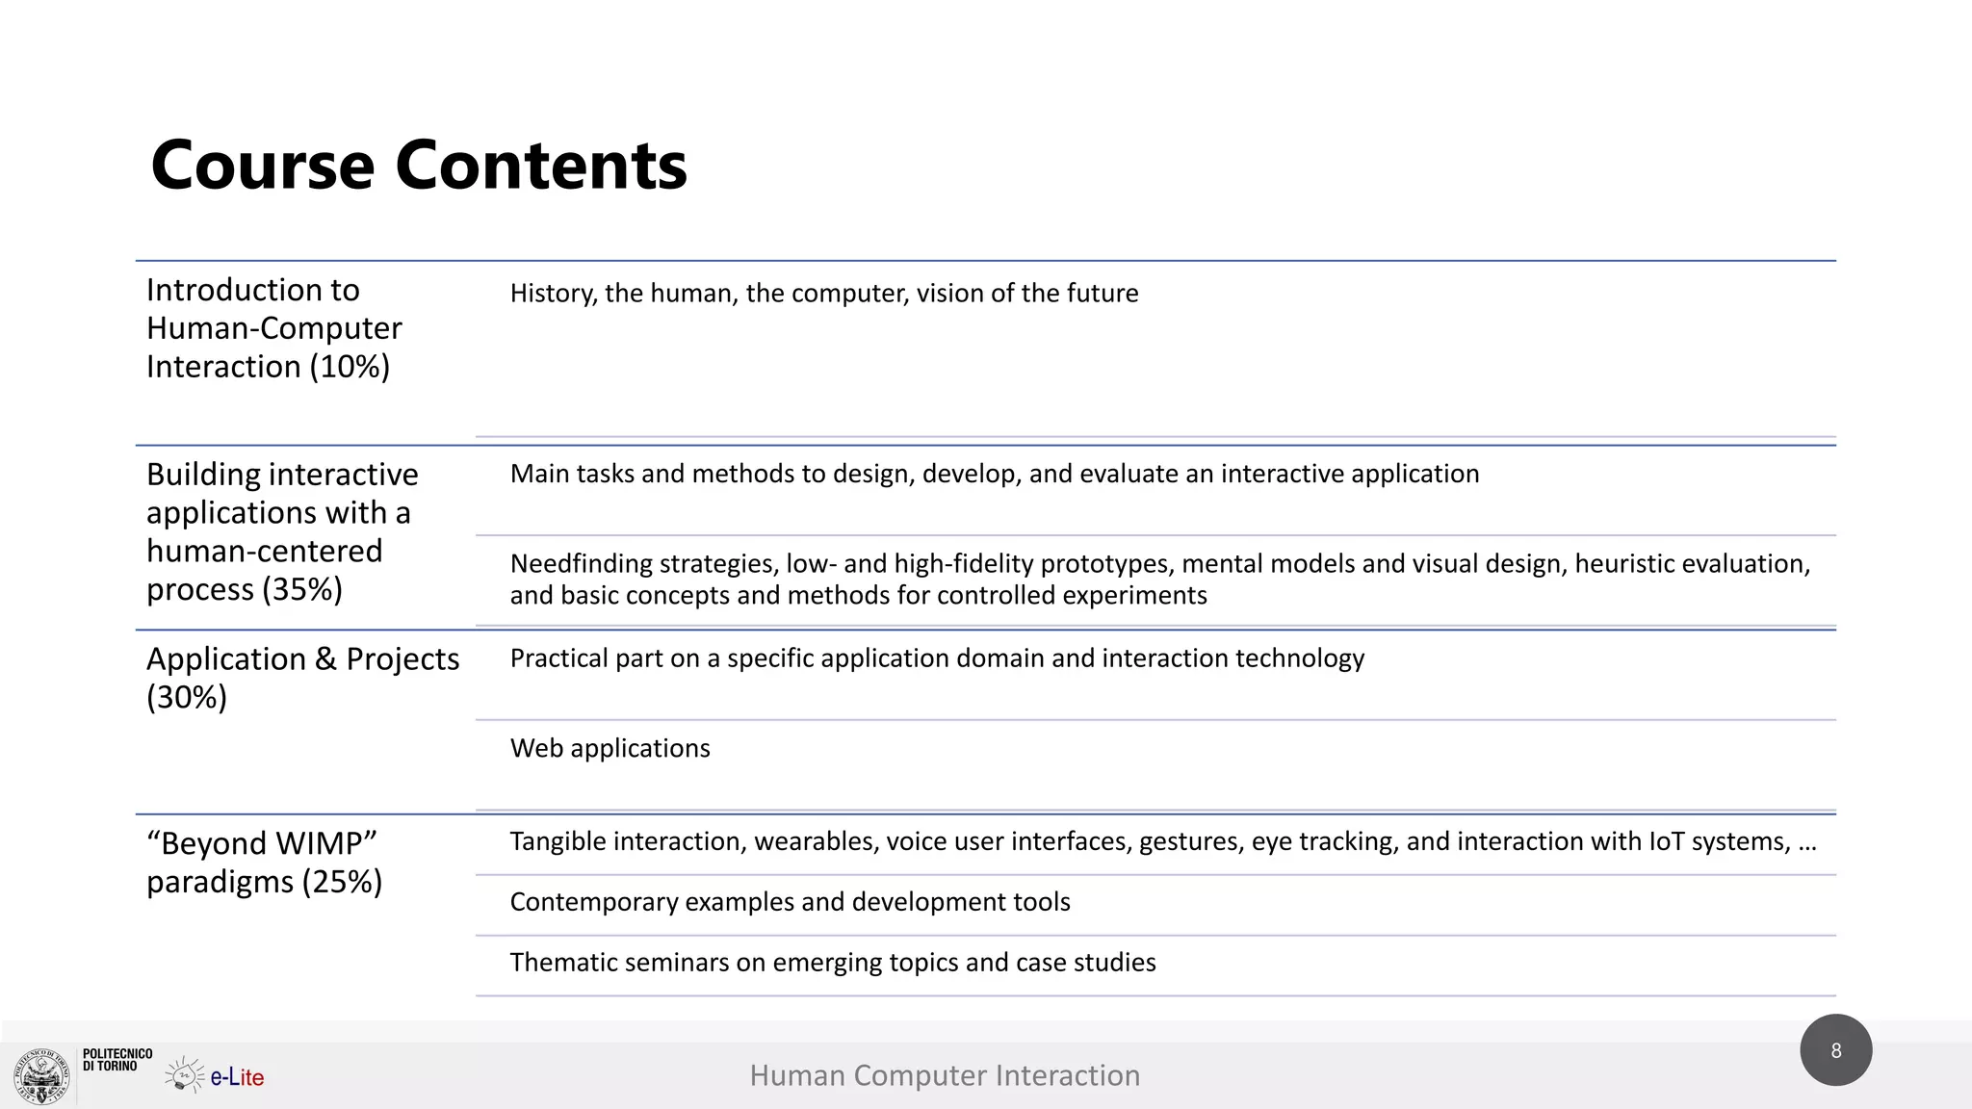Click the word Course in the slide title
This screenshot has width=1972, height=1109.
tap(262, 166)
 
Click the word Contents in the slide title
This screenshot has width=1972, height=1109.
tap(541, 166)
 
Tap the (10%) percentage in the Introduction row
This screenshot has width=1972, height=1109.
tap(350, 367)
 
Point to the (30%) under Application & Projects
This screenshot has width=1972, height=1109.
tap(187, 697)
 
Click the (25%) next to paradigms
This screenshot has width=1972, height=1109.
tap(342, 882)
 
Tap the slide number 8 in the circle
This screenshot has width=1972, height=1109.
tap(1835, 1050)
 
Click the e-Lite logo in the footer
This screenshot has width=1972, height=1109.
tap(216, 1075)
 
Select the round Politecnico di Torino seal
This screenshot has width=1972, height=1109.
tap(41, 1076)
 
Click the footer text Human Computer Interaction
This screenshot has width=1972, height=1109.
tap(945, 1075)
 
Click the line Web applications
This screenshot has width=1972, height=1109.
tap(610, 748)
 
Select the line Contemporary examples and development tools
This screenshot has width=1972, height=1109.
tap(790, 902)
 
